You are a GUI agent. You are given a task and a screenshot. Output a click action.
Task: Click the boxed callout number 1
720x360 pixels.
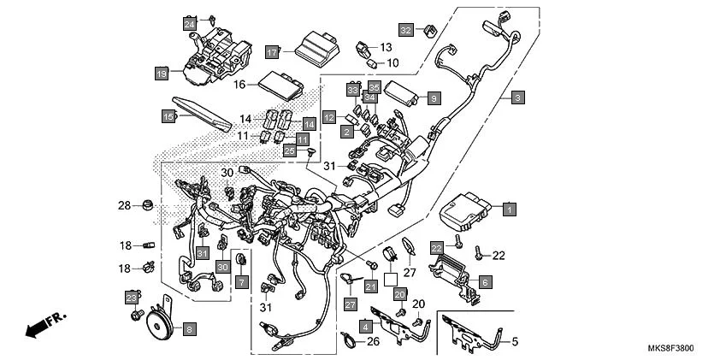tap(509, 209)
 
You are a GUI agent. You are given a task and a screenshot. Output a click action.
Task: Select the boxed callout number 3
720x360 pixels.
tap(517, 98)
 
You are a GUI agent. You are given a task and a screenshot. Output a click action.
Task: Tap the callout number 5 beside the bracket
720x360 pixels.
tap(515, 343)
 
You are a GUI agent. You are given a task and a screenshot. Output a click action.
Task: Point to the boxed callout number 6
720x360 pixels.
tap(484, 281)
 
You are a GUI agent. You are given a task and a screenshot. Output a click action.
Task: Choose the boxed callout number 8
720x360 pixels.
tap(189, 328)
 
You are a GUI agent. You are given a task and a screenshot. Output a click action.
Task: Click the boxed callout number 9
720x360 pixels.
tap(434, 97)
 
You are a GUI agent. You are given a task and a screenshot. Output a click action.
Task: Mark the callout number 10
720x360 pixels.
tap(392, 62)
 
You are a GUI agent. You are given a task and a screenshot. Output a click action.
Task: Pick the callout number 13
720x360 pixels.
tap(386, 47)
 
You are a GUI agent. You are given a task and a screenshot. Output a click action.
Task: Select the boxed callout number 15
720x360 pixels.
tap(168, 115)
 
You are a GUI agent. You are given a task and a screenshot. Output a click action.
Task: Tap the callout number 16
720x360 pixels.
tap(240, 84)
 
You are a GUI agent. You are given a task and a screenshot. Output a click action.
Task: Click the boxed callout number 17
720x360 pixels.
tap(272, 52)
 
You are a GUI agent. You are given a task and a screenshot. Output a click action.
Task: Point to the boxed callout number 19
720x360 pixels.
tap(161, 74)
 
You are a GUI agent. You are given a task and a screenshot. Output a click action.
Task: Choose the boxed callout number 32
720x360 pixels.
tap(405, 31)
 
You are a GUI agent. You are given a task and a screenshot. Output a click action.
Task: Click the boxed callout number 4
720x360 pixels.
tap(366, 326)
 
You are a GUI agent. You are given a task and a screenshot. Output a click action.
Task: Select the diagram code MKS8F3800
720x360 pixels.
tap(670, 349)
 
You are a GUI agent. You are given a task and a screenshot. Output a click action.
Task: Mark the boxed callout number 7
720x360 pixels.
tap(241, 282)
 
